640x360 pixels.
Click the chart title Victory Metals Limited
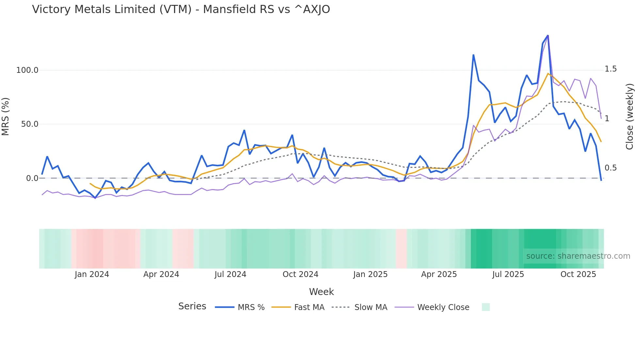tap(181, 9)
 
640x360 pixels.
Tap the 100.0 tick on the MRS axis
tap(27, 70)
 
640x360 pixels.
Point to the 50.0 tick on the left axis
tap(30, 124)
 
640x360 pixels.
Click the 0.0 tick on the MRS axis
tap(32, 178)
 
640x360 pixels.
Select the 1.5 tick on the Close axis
tap(611, 69)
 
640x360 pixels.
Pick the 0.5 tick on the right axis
tap(611, 168)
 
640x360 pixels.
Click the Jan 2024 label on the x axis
tap(92, 274)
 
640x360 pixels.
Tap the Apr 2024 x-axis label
tap(161, 274)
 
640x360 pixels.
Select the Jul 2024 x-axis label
tap(231, 274)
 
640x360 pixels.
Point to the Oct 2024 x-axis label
tap(300, 274)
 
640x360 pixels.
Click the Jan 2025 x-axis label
tap(370, 274)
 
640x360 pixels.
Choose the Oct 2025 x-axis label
tap(578, 274)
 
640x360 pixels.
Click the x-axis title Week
tap(321, 292)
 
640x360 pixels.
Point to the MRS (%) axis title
tap(6, 116)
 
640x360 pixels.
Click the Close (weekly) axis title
tap(630, 117)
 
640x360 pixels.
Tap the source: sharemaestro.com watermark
tap(578, 256)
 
